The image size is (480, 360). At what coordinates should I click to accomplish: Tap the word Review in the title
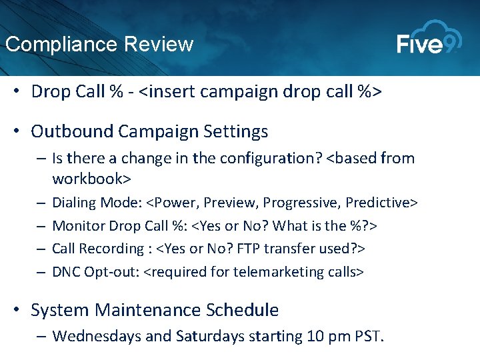click(159, 45)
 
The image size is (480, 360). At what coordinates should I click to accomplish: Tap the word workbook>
click(91, 179)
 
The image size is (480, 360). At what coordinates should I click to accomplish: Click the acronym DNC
click(66, 271)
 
